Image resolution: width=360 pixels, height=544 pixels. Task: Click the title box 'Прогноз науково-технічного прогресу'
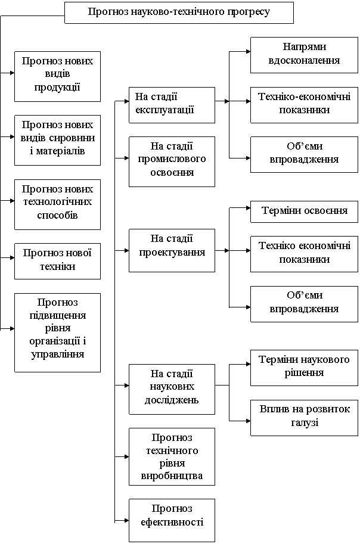(x=179, y=13)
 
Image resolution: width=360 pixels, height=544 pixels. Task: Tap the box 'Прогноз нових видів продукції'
(x=57, y=76)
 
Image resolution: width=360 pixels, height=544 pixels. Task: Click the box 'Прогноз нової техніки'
(x=57, y=260)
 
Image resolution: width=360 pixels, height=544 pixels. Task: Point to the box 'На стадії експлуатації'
(x=172, y=105)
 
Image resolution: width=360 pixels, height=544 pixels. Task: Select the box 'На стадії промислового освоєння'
(x=172, y=161)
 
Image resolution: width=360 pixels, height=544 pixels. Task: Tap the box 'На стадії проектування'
(x=172, y=250)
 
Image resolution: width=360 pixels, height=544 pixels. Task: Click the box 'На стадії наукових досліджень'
(x=172, y=388)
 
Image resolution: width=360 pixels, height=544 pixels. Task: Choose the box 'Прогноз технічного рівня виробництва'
(x=172, y=456)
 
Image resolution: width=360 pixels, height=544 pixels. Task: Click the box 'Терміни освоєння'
(x=304, y=212)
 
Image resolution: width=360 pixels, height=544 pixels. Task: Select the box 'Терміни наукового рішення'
(x=304, y=367)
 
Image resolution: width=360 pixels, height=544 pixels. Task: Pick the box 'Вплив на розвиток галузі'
(x=304, y=417)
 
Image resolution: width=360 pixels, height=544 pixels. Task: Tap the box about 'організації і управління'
(x=57, y=332)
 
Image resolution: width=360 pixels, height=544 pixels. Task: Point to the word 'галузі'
(x=305, y=422)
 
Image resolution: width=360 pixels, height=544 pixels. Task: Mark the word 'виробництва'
(x=172, y=476)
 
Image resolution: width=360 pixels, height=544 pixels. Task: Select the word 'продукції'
(x=57, y=87)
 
